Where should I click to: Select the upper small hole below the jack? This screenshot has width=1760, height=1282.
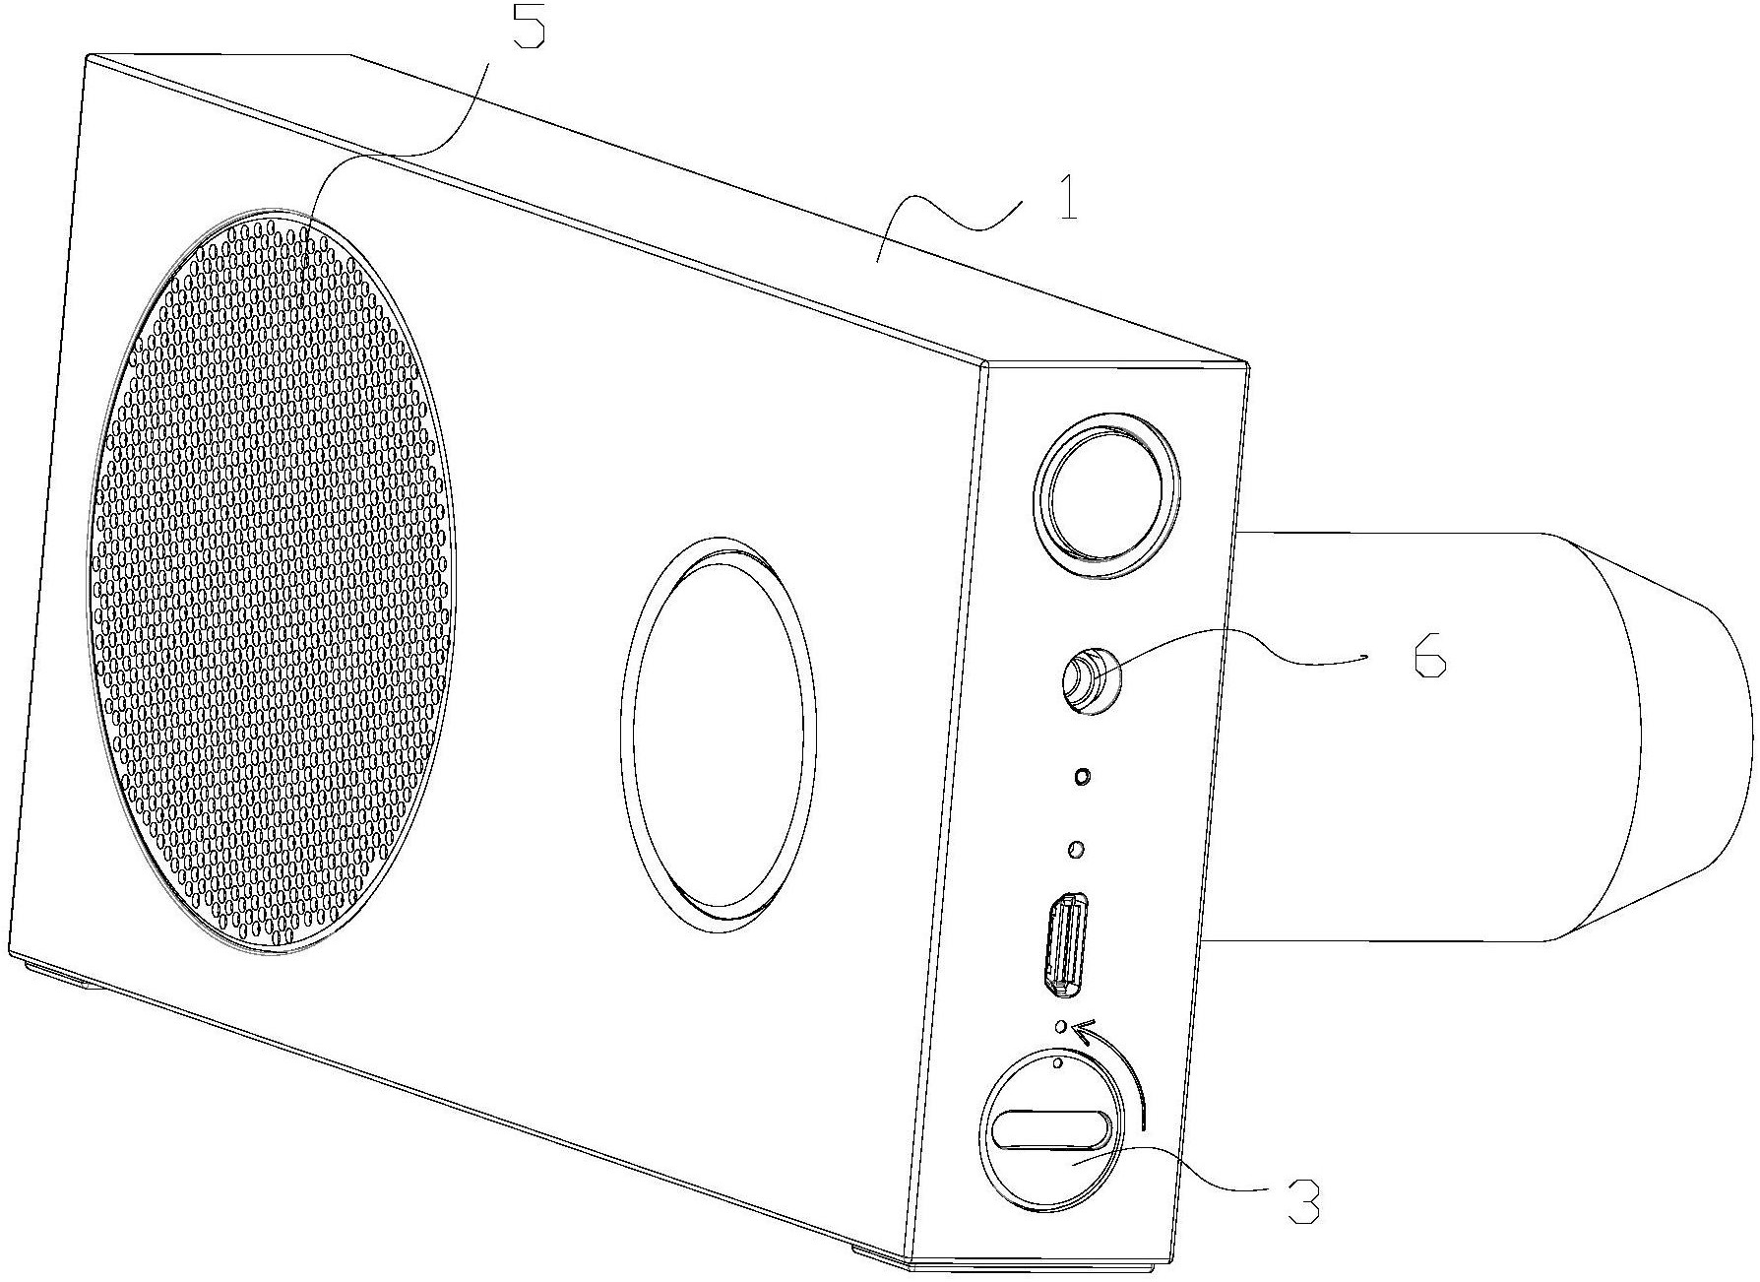click(1082, 777)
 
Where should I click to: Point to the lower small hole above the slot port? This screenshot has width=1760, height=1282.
click(1076, 848)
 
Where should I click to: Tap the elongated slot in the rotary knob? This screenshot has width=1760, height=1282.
click(1051, 1128)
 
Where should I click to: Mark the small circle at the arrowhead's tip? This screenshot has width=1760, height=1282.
click(1060, 1028)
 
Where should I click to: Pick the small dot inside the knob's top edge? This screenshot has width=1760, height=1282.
click(1057, 1064)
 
